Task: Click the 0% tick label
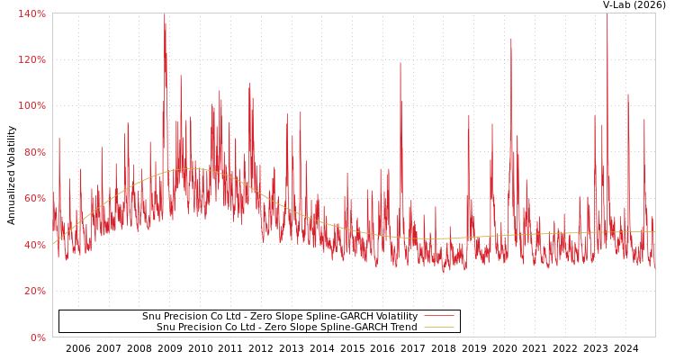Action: pyautogui.click(x=37, y=337)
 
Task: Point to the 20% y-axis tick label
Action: pyautogui.click(x=34, y=291)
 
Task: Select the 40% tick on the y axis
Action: pyautogui.click(x=34, y=245)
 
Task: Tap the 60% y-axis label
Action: pyautogui.click(x=34, y=198)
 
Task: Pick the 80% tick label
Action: pyautogui.click(x=34, y=152)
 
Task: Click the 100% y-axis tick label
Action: pyautogui.click(x=31, y=105)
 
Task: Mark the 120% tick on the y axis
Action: pyautogui.click(x=31, y=59)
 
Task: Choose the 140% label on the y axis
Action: pyautogui.click(x=31, y=13)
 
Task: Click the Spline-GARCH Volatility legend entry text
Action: pyautogui.click(x=279, y=317)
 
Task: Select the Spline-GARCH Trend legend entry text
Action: pyautogui.click(x=286, y=328)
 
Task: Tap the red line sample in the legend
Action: pyautogui.click(x=438, y=317)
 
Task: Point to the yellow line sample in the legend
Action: pyautogui.click(x=438, y=328)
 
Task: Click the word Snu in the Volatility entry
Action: pyautogui.click(x=151, y=317)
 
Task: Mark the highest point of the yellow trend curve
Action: pyautogui.click(x=191, y=169)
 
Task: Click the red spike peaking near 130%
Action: pyautogui.click(x=511, y=40)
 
